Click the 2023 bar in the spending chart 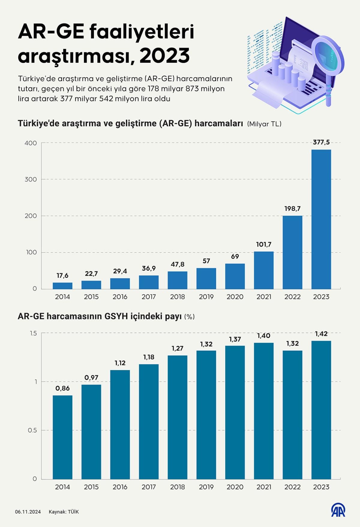click(321, 219)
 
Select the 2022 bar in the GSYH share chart click(292, 415)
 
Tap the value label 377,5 click(321, 142)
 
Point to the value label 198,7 click(292, 209)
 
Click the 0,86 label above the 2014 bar click(62, 388)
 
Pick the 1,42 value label click(321, 334)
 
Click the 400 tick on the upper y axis click(31, 143)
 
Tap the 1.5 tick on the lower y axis click(33, 333)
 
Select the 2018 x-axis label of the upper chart click(177, 297)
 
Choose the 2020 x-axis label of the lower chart click(235, 487)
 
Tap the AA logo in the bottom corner click(338, 511)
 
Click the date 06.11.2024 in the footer click(28, 512)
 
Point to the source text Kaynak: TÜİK click(64, 512)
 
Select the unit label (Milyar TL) click(264, 124)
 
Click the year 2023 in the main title click(164, 56)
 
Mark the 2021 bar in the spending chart click(264, 270)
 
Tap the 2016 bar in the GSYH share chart click(120, 424)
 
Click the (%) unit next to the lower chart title click(190, 317)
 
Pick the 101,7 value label click(264, 245)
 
